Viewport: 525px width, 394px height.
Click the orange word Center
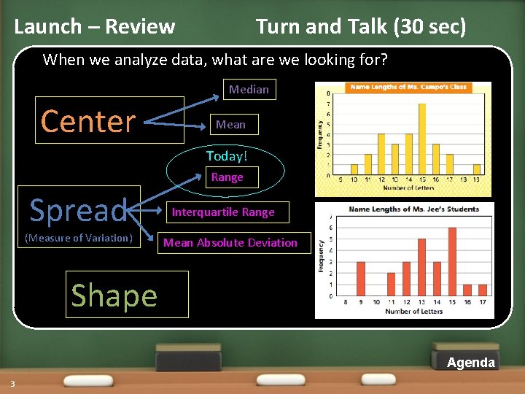click(89, 121)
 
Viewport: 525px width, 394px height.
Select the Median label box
click(249, 89)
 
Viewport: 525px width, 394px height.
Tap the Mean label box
click(230, 125)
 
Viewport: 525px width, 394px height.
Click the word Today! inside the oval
click(227, 156)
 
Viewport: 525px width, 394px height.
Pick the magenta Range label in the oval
click(227, 177)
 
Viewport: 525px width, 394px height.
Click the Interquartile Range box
click(223, 212)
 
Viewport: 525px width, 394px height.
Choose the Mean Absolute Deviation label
click(230, 243)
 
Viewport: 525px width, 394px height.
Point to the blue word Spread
click(79, 211)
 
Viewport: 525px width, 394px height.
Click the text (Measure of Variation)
click(79, 238)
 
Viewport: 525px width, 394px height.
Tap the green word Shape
click(114, 295)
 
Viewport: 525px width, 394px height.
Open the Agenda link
click(470, 363)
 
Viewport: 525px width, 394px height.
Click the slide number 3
click(12, 384)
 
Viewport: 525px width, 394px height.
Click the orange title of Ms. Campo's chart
click(408, 87)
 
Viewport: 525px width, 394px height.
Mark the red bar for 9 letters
click(360, 279)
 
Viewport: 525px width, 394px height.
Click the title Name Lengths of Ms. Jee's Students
click(413, 209)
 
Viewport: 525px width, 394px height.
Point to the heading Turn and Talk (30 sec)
click(360, 27)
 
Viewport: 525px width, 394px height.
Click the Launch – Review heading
click(95, 27)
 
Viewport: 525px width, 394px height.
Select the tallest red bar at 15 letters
click(452, 261)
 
